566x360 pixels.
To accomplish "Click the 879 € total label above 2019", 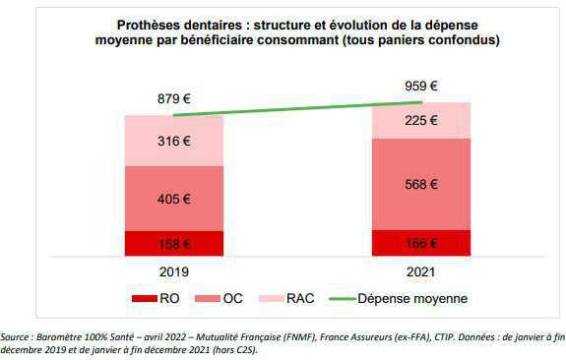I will coord(173,98).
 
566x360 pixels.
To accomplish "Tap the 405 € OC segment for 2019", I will coord(173,198).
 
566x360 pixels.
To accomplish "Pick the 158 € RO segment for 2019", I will coord(173,243).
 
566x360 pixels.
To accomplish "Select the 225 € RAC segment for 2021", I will coord(420,121).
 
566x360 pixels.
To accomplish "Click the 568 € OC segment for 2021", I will coord(420,184).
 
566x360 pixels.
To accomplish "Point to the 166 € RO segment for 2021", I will coord(420,242).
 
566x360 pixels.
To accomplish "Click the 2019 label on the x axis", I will coord(173,270).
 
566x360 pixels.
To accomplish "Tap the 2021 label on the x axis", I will coord(420,270).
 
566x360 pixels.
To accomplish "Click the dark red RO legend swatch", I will coord(145,298).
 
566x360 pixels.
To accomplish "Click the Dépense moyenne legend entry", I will coord(404,298).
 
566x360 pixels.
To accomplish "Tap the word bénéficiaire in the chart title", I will coord(237,39).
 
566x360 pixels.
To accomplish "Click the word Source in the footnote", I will coord(19,335).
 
